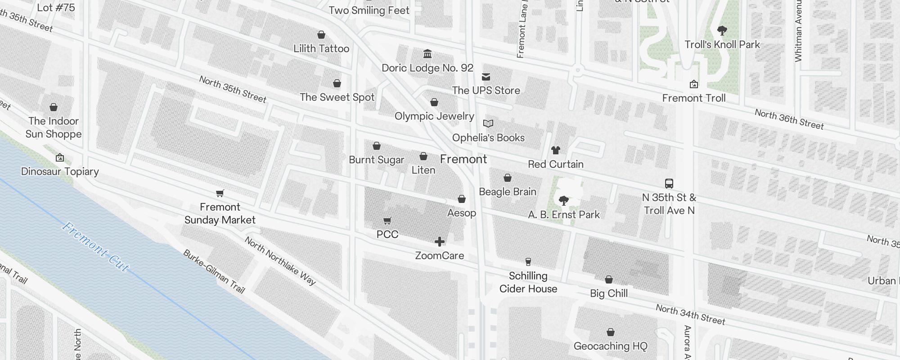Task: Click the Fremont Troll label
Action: point(693,98)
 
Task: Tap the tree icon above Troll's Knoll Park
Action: point(722,31)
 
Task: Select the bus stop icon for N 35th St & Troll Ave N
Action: point(669,183)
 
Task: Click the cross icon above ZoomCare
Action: point(440,242)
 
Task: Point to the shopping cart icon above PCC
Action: point(387,220)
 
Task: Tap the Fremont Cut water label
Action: point(95,247)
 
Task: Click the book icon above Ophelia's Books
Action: point(488,123)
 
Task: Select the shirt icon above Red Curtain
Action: point(555,150)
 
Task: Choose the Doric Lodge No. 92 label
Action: point(427,68)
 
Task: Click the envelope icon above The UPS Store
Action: point(486,76)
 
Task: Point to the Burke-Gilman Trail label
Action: point(214,271)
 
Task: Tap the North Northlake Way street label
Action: point(280,261)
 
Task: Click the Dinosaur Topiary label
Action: point(60,171)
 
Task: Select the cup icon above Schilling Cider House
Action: point(528,261)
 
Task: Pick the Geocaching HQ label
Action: point(610,346)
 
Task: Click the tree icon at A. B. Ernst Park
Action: point(563,200)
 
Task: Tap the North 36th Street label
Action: point(789,119)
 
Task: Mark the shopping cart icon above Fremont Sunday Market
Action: point(220,193)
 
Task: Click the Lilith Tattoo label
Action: point(321,49)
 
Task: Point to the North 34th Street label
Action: point(690,315)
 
